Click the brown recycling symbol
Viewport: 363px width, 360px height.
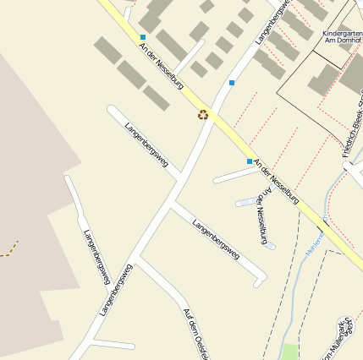[203, 114]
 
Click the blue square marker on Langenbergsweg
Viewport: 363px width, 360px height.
[231, 83]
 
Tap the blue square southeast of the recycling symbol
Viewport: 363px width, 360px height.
[249, 161]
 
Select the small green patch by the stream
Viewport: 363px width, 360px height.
[289, 351]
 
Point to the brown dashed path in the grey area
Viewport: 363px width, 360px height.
[8, 248]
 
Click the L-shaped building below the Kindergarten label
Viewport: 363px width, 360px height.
[324, 79]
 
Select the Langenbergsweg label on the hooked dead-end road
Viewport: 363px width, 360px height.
[215, 238]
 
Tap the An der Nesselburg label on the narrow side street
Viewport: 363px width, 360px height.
[261, 215]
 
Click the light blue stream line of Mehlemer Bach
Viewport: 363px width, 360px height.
[293, 304]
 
